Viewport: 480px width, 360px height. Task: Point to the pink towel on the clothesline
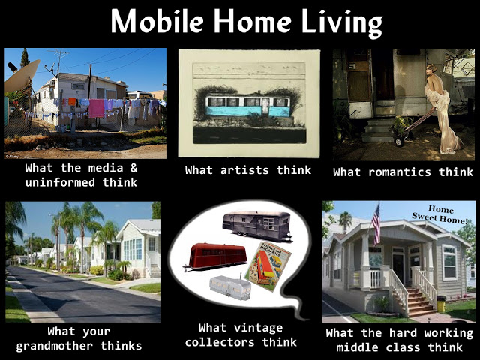[x=97, y=109]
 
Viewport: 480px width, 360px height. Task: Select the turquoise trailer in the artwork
[x=248, y=106]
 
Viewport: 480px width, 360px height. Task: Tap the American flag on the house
[x=376, y=223]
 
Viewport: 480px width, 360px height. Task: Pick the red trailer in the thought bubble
[x=216, y=256]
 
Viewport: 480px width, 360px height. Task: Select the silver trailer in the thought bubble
[x=229, y=286]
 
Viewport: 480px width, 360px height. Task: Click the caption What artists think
[x=248, y=170]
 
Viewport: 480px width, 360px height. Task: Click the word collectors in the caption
[x=238, y=342]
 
